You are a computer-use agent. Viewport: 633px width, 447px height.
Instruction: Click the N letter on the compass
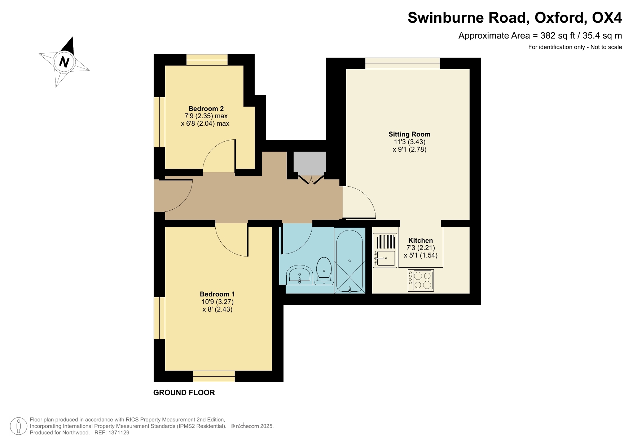[x=64, y=62]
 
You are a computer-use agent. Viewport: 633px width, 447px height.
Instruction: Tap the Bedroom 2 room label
[x=206, y=108]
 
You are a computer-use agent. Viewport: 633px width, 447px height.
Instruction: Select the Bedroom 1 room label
[x=217, y=294]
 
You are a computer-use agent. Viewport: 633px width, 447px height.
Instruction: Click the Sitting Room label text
[x=409, y=134]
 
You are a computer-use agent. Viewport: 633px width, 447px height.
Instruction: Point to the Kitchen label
[x=421, y=240]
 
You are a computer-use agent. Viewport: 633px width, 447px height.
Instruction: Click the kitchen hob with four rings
[x=421, y=281]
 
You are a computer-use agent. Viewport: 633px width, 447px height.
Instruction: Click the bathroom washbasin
[x=299, y=276]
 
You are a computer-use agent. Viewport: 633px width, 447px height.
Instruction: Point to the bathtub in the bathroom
[x=350, y=260]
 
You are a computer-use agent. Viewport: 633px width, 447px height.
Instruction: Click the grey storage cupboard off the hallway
[x=309, y=162]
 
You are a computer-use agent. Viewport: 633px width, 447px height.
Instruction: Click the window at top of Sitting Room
[x=402, y=63]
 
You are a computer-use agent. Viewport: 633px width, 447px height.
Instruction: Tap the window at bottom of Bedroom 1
[x=214, y=376]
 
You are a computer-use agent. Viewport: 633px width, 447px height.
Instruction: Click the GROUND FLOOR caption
[x=184, y=393]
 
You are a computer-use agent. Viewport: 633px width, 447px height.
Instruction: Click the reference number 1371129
[x=117, y=433]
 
